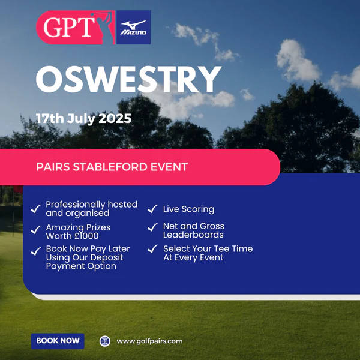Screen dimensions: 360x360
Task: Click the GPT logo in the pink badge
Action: pyautogui.click(x=76, y=28)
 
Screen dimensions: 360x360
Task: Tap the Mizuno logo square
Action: pyautogui.click(x=134, y=27)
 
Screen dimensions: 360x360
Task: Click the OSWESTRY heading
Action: pyautogui.click(x=128, y=79)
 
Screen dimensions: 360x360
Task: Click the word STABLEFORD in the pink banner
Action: pyautogui.click(x=110, y=167)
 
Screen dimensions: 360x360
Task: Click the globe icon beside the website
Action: pyautogui.click(x=105, y=341)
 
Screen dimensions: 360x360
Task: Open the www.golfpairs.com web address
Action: pyautogui.click(x=149, y=341)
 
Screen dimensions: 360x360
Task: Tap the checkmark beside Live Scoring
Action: pyautogui.click(x=152, y=209)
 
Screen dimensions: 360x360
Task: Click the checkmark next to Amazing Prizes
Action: pyautogui.click(x=36, y=230)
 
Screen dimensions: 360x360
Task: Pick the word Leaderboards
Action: pyautogui.click(x=193, y=235)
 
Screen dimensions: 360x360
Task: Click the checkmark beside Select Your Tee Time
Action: pyautogui.click(x=152, y=248)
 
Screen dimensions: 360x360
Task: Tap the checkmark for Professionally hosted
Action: pyautogui.click(x=36, y=209)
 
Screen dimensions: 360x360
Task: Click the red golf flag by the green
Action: pyautogui.click(x=18, y=190)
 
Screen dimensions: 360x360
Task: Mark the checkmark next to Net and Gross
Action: pyautogui.click(x=152, y=227)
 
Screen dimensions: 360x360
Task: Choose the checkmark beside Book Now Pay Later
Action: pyautogui.click(x=36, y=251)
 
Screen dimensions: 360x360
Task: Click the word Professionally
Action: pyautogui.click(x=76, y=205)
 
